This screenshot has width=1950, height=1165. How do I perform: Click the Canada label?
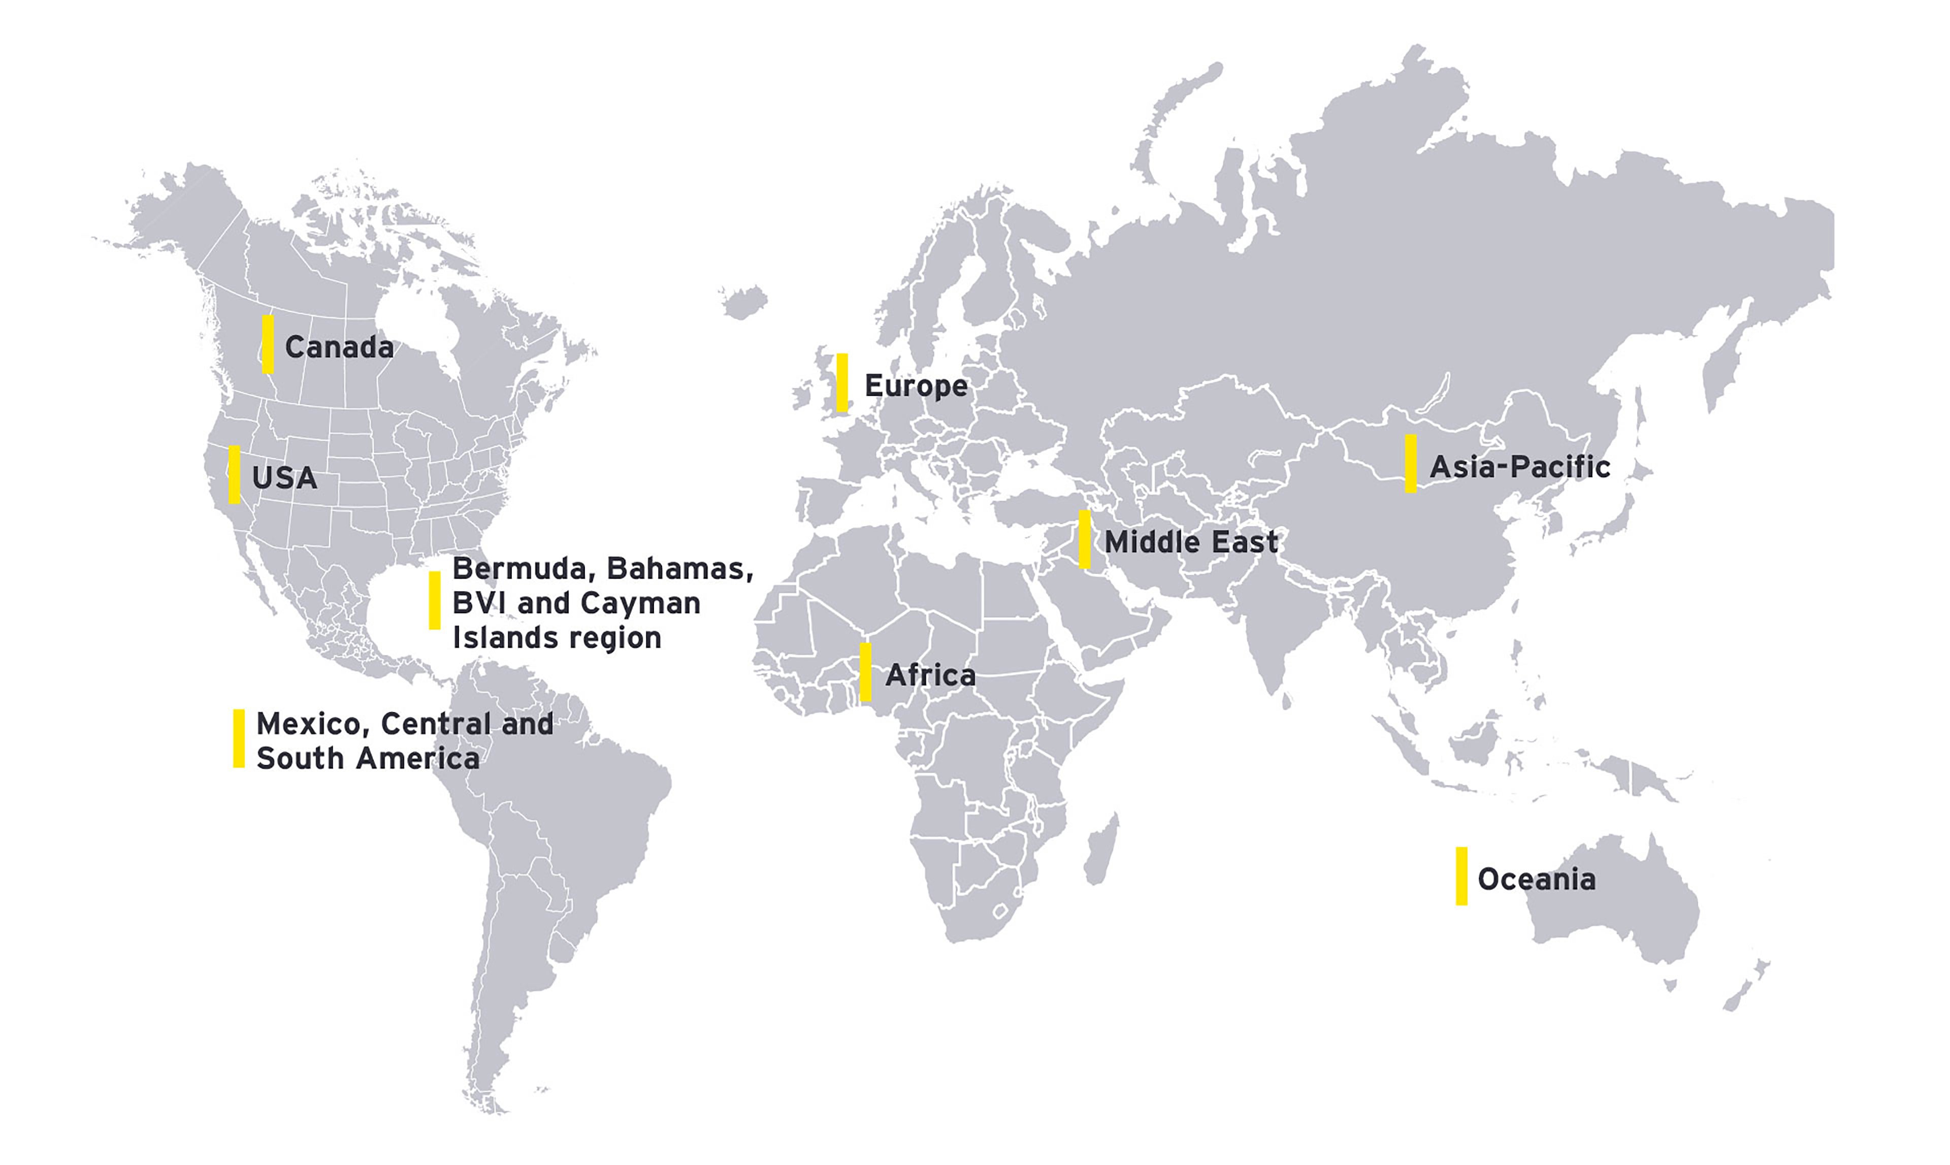click(x=339, y=347)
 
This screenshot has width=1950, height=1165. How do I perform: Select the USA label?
click(x=284, y=477)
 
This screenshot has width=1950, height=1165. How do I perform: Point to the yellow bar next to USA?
click(x=234, y=474)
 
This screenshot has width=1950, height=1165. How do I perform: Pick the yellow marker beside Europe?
click(x=842, y=382)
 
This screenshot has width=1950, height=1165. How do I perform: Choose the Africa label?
click(x=930, y=675)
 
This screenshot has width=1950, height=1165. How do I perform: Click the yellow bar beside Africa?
click(x=865, y=672)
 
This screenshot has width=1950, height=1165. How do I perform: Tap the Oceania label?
click(x=1536, y=879)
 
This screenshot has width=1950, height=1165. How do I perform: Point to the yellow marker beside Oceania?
click(x=1461, y=876)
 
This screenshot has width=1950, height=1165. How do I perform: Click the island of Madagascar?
click(x=1101, y=851)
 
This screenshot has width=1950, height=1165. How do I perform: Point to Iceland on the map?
click(x=743, y=301)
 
